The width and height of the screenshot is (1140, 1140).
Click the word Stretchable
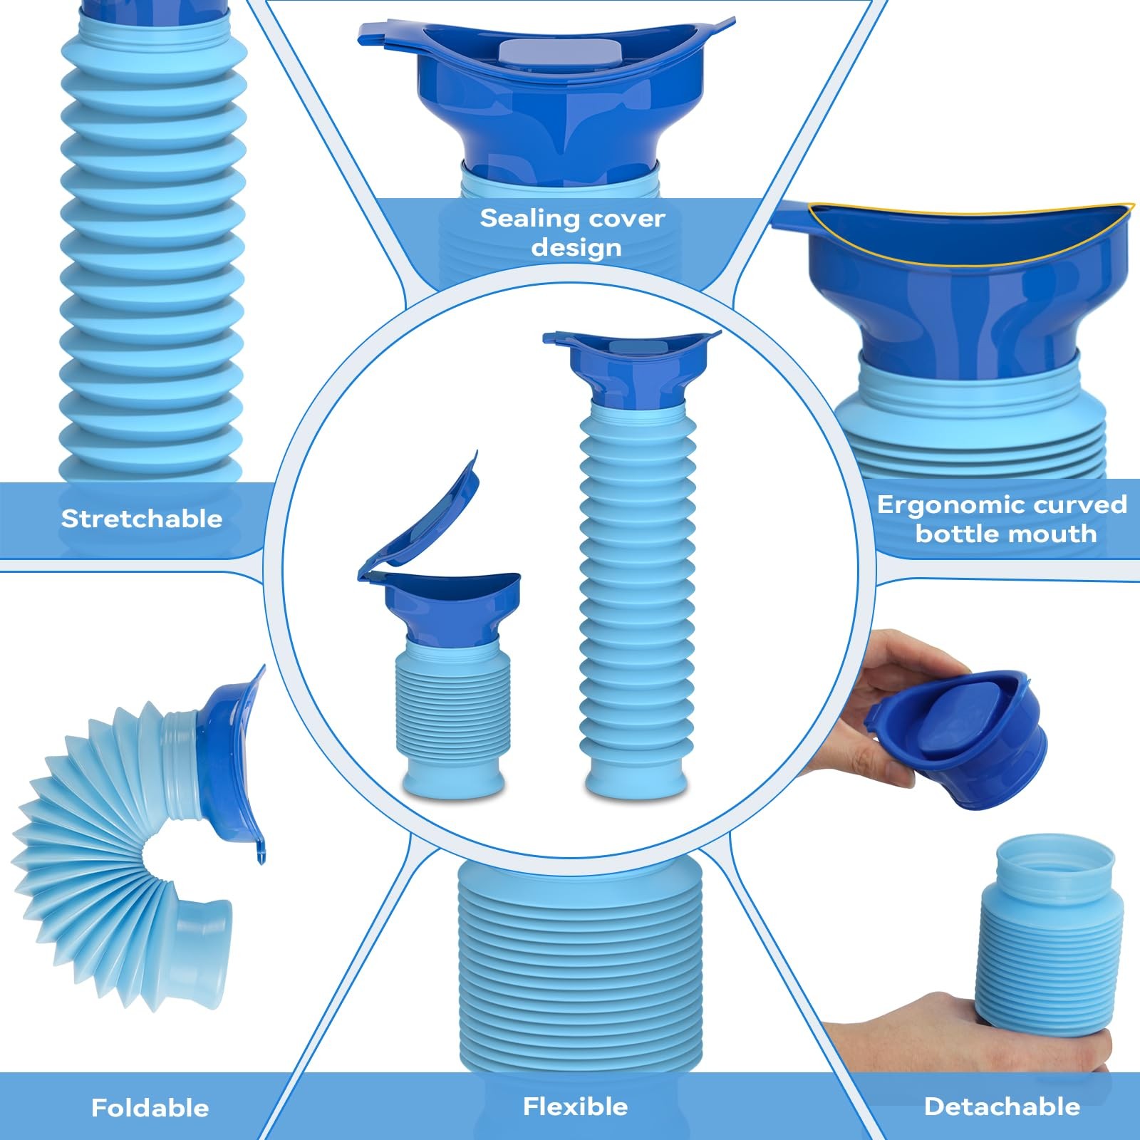point(142,518)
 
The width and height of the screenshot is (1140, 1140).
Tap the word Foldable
point(150,1108)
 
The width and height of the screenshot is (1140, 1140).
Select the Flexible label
point(576,1107)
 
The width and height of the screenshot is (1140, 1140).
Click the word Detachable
point(1002,1107)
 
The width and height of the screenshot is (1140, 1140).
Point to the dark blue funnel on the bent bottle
point(235,762)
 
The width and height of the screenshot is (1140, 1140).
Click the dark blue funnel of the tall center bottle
point(631,367)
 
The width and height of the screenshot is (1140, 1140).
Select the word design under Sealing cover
point(576,248)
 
